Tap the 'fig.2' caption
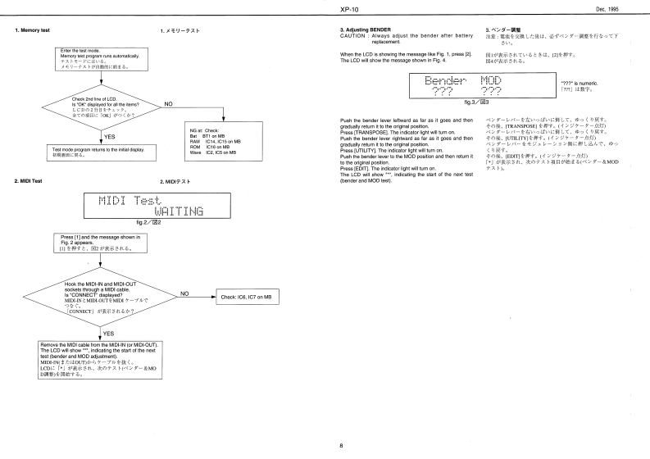click(144, 223)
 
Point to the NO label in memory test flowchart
click(169, 104)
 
